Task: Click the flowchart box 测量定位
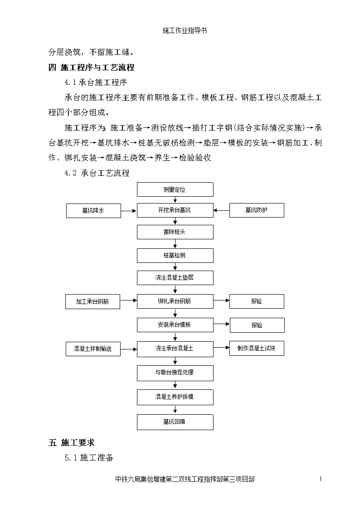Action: (x=175, y=189)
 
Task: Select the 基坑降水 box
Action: (x=93, y=211)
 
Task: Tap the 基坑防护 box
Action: (x=257, y=210)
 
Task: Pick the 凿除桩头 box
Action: (x=175, y=232)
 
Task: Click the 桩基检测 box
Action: (x=175, y=256)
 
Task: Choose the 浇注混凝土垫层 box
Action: (x=175, y=278)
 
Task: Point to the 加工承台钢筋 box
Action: (x=92, y=301)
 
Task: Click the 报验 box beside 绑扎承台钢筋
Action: (x=257, y=301)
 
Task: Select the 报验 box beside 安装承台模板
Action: (x=257, y=325)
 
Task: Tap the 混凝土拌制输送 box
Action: (x=93, y=349)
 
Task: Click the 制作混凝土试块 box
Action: (x=257, y=348)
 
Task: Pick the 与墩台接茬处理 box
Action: (x=175, y=373)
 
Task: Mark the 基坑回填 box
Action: (x=175, y=422)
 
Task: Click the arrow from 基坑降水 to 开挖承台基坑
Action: (x=129, y=211)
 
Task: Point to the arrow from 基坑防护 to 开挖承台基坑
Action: (x=221, y=210)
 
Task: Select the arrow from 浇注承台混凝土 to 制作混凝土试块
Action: (x=221, y=348)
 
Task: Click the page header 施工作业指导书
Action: (x=185, y=30)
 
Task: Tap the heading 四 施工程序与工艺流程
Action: (x=91, y=68)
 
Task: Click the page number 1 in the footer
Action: (x=321, y=479)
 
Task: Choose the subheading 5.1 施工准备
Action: (x=89, y=458)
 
